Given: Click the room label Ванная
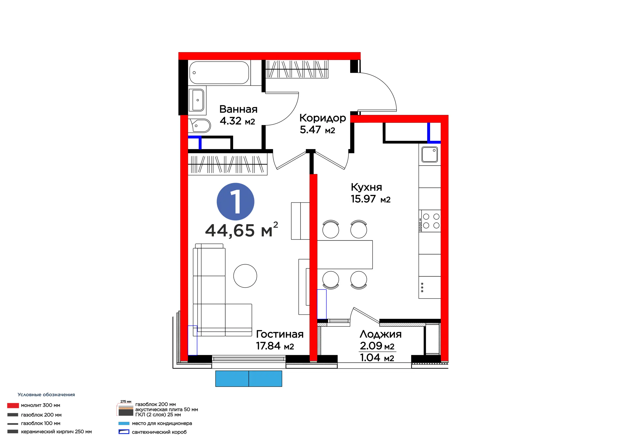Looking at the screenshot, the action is pos(238,109).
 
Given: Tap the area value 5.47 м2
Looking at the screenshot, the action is pos(317,130).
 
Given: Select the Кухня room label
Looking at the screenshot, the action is pos(367,187).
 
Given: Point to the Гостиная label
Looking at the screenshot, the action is pos(280,334).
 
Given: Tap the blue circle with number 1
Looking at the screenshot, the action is pos(235,202).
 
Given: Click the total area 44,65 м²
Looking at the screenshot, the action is pos(242,230).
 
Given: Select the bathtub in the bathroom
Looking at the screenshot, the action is pos(219,73).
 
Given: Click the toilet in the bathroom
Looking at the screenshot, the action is pos(200,126).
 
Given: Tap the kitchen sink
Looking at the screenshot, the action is pos(430,154).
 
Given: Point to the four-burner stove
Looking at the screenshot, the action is pos(430,221).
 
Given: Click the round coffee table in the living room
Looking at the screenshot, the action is pos(245,276).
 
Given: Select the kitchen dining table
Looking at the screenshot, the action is pos(345,254).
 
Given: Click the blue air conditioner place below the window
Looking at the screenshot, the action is pos(249,379).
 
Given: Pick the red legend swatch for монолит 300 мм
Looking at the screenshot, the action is pos(13,406).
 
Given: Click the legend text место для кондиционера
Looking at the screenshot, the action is pos(162,423).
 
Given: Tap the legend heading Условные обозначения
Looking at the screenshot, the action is pos(46,395).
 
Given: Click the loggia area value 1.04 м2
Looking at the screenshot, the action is pos(377,358).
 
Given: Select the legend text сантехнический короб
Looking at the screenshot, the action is pos(159,432).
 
